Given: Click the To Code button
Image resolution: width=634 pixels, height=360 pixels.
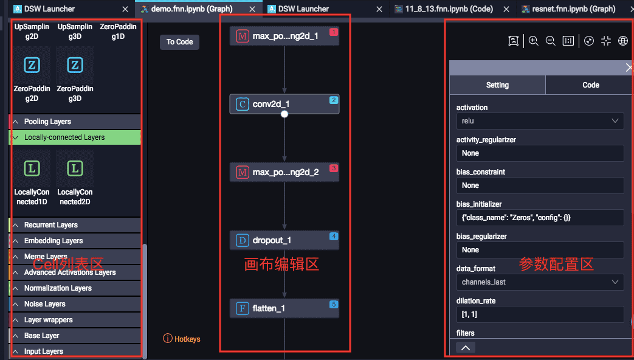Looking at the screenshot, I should coord(179,42).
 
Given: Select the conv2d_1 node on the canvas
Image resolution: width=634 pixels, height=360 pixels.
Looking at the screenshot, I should coord(284,104).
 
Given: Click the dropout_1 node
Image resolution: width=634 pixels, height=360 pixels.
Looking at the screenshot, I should coord(284,240).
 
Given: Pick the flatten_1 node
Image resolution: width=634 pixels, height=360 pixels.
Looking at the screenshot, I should coord(284,308).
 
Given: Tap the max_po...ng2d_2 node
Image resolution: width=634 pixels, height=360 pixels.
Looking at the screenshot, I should coord(284,172).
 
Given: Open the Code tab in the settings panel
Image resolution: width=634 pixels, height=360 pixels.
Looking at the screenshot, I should coord(590,85).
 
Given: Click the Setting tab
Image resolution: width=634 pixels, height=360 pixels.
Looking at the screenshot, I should coord(497,85).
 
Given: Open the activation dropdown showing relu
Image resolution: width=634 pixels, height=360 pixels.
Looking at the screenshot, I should coord(540,121).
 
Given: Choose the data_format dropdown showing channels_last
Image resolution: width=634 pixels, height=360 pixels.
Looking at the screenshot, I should coord(540,282).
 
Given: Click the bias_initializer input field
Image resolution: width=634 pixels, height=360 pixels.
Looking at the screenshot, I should coord(540,218).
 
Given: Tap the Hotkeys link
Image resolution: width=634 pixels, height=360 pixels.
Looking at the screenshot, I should coord(182,339).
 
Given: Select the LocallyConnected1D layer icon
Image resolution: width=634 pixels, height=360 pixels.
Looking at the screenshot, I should coord(32,169).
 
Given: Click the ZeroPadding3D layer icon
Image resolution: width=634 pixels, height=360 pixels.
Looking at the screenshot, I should coord(75,66).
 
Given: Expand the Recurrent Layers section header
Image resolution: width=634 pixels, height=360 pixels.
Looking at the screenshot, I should coord(50,225).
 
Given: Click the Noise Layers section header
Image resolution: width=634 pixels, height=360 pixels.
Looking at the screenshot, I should coord(44,304).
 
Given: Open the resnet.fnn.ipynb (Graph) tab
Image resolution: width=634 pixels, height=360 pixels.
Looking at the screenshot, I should coord(565,9).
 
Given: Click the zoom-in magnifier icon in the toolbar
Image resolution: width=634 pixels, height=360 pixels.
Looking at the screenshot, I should coord(533,41).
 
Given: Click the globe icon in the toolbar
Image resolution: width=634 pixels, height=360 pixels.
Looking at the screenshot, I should coord(622,41).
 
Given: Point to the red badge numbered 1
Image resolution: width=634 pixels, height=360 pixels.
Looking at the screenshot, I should coord(333,32).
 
